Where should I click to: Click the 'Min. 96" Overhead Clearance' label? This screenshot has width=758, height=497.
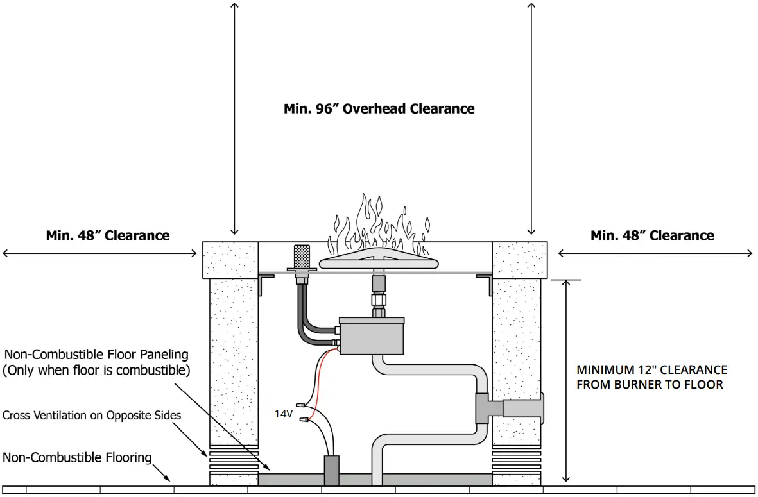[379, 108]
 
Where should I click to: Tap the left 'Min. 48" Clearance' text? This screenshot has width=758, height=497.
[108, 235]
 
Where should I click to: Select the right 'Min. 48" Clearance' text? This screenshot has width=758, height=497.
[652, 235]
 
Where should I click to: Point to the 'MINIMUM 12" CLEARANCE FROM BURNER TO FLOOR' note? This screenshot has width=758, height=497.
[651, 377]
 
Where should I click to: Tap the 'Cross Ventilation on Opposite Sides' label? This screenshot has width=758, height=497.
[92, 416]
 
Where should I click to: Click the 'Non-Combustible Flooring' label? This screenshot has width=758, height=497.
[77, 458]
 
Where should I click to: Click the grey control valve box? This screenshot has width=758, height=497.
[372, 336]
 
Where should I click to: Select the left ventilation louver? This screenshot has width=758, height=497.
[234, 459]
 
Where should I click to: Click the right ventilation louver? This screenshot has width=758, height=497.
[516, 459]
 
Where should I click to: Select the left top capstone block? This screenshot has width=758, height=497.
[230, 260]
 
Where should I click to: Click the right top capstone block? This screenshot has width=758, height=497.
[520, 260]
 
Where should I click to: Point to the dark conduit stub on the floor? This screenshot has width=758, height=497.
[332, 471]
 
